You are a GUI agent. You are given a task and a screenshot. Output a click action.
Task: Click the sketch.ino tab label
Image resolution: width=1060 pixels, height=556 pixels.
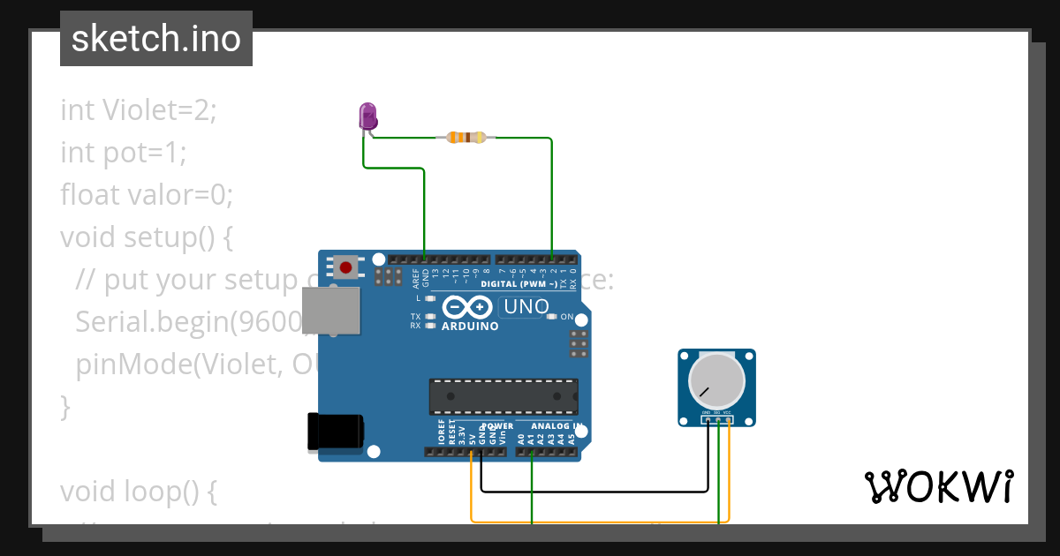tap(156, 39)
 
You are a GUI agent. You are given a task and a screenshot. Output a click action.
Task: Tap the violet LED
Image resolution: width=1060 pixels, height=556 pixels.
tap(367, 116)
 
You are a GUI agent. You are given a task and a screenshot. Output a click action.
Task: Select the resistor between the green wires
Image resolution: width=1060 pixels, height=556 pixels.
tap(466, 137)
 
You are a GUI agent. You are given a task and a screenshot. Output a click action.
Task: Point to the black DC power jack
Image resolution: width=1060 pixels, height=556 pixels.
tap(334, 431)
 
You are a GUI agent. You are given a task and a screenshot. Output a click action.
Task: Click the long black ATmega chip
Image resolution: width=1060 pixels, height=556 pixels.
tap(503, 396)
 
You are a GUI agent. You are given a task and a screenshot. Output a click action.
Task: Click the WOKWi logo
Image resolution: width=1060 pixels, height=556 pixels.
tap(938, 486)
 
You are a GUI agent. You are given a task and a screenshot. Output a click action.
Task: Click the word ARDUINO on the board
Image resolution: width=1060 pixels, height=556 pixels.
tap(469, 326)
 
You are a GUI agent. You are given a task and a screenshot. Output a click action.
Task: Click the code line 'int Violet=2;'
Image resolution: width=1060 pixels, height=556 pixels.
tap(139, 110)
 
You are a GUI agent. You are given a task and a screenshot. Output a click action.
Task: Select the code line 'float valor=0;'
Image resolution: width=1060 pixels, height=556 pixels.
tap(147, 194)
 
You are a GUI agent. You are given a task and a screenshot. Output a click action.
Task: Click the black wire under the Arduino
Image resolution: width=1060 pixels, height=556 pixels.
tap(592, 490)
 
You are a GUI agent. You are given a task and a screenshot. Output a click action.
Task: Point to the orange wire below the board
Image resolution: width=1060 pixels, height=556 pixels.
tap(601, 521)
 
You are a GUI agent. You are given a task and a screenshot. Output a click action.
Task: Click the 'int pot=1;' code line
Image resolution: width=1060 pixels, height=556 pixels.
tap(124, 153)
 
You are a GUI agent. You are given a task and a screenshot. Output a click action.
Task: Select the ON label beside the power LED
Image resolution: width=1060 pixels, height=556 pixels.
tap(567, 317)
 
